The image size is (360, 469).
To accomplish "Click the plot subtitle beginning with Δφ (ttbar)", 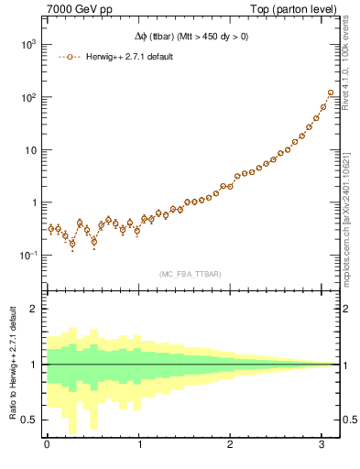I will [x=190, y=38].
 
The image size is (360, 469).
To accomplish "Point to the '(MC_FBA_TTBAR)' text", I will [x=190, y=273].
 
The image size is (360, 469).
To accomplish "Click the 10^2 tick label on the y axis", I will [x=27, y=97].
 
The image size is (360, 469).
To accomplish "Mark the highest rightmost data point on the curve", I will [x=331, y=93].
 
